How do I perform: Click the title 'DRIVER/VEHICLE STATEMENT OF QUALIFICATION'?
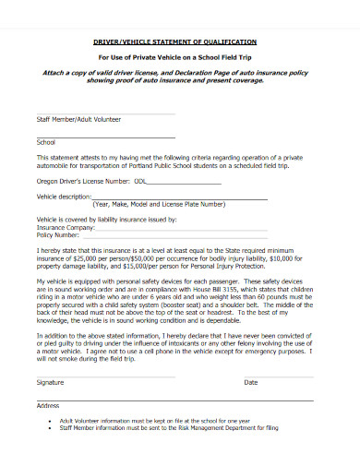[181, 42]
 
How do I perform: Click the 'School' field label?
[46, 143]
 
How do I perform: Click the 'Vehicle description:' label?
[65, 197]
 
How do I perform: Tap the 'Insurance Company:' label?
[66, 226]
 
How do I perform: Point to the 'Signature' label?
[50, 382]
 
